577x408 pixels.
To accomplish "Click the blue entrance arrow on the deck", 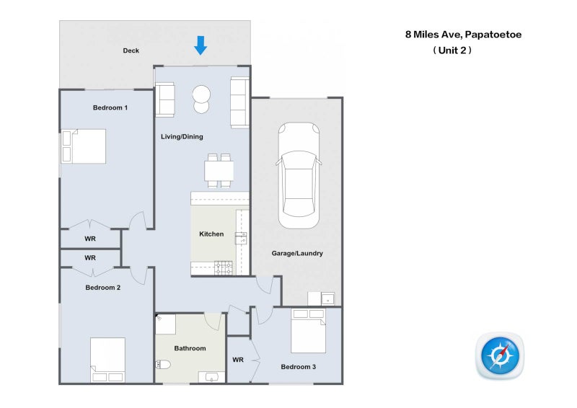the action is point(201,45).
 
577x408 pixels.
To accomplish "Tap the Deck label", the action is point(131,50).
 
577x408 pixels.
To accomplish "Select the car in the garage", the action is point(299,175).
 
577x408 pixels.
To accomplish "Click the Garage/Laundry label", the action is point(297,253).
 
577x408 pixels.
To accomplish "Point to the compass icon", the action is point(500,356).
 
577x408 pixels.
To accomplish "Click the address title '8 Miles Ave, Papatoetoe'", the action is point(463,34).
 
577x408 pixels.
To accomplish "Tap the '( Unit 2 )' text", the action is point(452,50).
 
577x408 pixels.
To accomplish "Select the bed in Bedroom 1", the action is point(84,146).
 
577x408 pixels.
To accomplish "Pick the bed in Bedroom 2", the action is point(107,360).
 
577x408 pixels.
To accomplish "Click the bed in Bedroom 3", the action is point(309,331).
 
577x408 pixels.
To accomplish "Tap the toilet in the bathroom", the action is point(163,364).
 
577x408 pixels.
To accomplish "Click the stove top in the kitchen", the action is point(224,267).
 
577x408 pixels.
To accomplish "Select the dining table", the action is point(219,171).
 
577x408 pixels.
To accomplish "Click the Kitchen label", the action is point(211,234).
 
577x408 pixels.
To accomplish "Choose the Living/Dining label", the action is point(182,136).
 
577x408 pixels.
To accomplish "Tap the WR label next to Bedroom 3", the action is point(238,360).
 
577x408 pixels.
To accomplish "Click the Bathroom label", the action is point(190,348).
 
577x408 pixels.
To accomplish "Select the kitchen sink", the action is point(242,238).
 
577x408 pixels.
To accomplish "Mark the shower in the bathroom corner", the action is point(165,324).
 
